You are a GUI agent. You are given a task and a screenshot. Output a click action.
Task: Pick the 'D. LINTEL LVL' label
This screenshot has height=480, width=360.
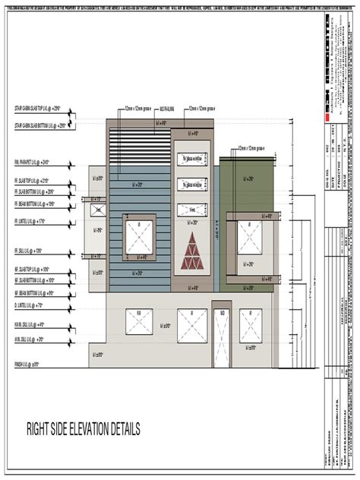click(29, 305)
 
